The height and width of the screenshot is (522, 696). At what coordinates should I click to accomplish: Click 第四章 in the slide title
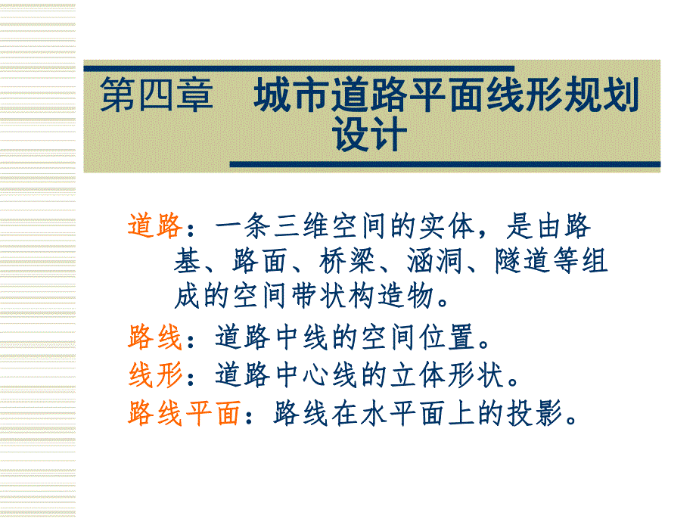click(157, 98)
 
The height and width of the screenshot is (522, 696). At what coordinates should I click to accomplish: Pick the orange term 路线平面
click(184, 413)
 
